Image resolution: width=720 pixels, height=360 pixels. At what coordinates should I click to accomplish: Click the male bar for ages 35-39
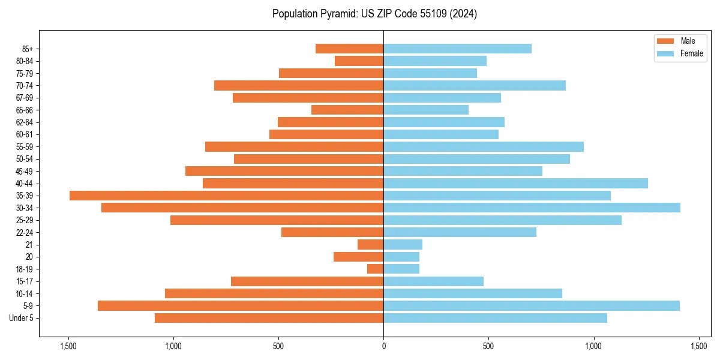(x=226, y=196)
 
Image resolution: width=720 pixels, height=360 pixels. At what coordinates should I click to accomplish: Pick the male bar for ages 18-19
(x=376, y=269)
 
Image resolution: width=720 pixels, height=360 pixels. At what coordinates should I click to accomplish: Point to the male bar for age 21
(x=371, y=245)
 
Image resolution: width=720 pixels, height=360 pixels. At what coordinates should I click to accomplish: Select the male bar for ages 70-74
(x=299, y=85)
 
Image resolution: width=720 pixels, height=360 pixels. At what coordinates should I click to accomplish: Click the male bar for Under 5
(x=269, y=318)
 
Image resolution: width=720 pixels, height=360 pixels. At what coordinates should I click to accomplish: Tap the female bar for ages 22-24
(x=460, y=232)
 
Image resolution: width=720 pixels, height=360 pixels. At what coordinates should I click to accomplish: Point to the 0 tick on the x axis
(x=383, y=346)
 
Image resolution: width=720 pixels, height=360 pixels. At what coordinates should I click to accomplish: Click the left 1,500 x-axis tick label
(x=68, y=346)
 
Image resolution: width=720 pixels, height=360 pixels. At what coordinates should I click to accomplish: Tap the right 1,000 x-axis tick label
(x=593, y=346)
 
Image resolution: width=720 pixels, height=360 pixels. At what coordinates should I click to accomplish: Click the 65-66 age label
(x=25, y=110)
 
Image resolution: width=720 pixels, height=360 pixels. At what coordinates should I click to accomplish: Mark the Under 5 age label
(x=22, y=318)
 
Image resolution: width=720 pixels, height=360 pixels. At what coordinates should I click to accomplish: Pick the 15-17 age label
(x=25, y=281)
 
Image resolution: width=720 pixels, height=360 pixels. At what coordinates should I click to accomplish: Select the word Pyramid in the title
(x=337, y=14)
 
